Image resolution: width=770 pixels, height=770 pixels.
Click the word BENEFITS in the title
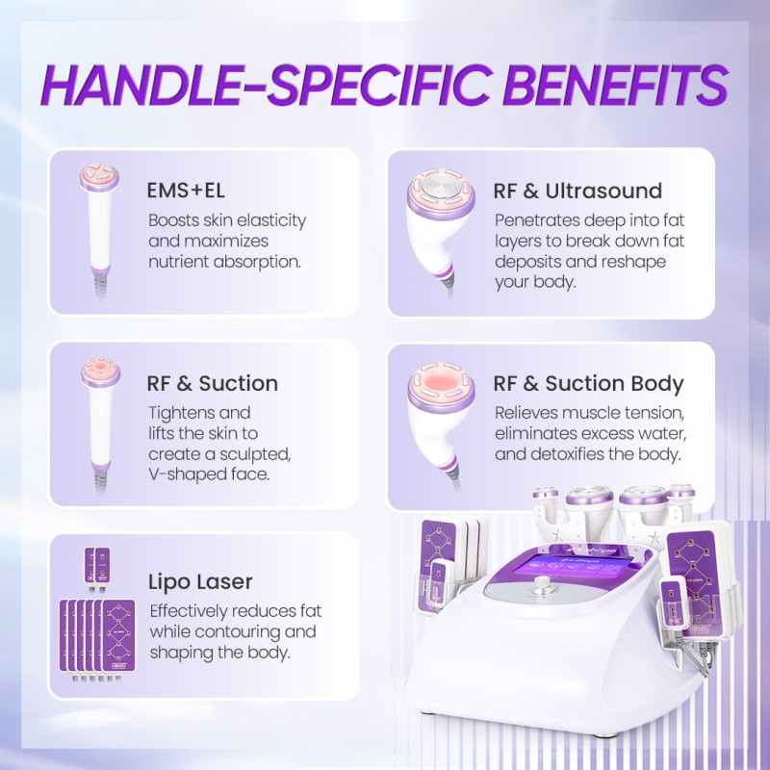pos(615,85)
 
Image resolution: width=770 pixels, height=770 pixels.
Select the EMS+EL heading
pos(186,191)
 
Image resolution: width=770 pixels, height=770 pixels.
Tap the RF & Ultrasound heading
pos(577,191)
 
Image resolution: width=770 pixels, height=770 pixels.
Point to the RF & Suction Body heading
pos(588,383)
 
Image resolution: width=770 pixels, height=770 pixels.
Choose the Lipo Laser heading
pos(200,582)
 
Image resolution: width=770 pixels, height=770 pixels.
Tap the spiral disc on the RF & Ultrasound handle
pos(441,187)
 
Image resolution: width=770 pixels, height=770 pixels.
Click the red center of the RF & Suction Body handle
pos(441,380)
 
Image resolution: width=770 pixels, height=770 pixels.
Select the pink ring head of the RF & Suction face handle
pos(100,371)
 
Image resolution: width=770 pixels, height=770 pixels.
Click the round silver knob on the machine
pos(542,584)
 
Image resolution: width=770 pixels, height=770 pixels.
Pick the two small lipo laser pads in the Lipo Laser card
pos(97,566)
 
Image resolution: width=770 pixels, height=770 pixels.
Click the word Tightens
pos(181,414)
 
